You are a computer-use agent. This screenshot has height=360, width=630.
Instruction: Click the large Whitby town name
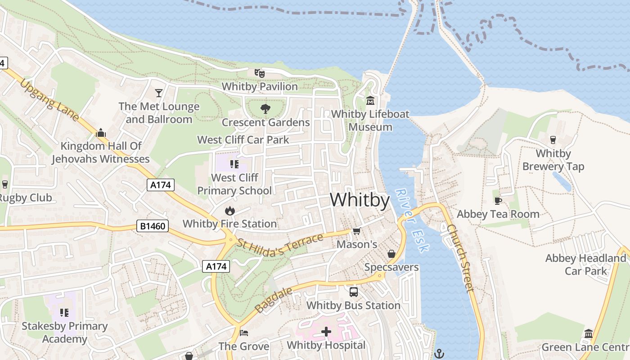tap(360, 200)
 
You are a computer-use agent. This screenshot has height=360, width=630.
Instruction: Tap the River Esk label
tap(412, 220)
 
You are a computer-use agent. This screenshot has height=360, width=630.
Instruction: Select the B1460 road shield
tap(153, 226)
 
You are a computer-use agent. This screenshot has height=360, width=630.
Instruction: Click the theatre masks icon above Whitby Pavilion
tap(259, 73)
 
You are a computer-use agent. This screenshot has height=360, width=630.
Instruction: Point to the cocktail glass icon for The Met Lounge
tap(158, 93)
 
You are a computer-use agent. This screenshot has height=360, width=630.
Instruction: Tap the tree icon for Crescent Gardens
tap(265, 108)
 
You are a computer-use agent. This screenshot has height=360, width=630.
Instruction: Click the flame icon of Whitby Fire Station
tap(229, 210)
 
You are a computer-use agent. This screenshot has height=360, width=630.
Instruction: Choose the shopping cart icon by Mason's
tap(356, 231)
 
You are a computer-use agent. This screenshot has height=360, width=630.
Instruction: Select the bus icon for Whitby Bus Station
tap(354, 292)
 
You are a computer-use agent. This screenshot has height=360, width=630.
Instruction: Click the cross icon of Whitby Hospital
tap(326, 332)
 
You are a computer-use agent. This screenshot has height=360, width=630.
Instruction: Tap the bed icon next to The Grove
tap(244, 333)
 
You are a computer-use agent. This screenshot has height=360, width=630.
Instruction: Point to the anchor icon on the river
tap(439, 354)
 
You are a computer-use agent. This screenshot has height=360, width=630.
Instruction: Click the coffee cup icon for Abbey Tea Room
tap(498, 201)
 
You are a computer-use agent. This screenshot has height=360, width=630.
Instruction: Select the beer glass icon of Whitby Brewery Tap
tap(553, 140)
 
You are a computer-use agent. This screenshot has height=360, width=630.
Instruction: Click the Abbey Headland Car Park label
tap(585, 265)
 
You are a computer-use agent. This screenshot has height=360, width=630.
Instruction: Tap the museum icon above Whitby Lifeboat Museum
tap(370, 100)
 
